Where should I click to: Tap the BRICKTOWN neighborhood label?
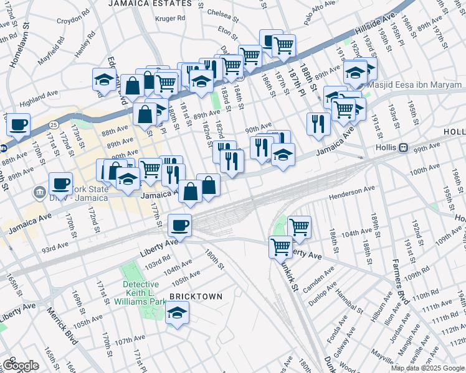point(195,297)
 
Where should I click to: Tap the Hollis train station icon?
point(404,148)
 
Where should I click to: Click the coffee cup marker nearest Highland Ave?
point(19,124)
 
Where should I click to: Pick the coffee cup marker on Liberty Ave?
point(180,224)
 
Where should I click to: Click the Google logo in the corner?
point(20,365)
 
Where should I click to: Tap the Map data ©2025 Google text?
point(427,368)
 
